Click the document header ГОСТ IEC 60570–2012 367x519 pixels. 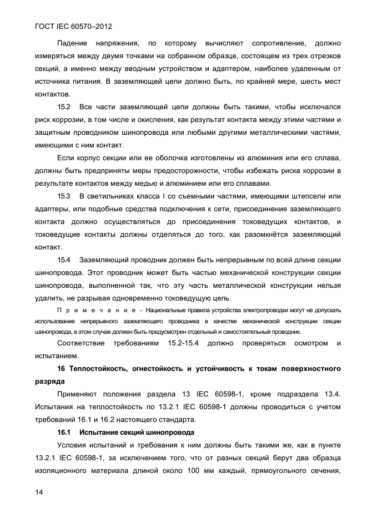[x=70, y=26]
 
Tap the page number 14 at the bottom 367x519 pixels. [x=39, y=492]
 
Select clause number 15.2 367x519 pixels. [x=64, y=106]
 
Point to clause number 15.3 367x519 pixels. [x=64, y=196]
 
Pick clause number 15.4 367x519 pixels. [x=64, y=260]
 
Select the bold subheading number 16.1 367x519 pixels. [x=64, y=432]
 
